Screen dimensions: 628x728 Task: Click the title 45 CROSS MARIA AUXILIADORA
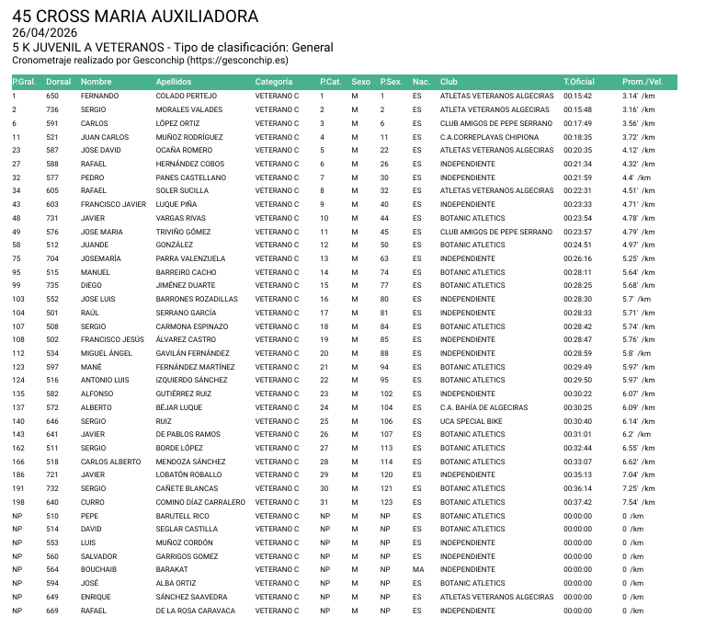135,17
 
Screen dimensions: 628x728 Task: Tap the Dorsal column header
58,82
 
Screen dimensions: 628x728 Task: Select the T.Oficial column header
579,82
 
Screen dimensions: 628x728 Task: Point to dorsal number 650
52,96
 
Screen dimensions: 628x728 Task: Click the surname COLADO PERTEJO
186,96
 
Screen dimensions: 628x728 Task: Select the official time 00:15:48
578,109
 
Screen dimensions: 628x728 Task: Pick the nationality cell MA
417,569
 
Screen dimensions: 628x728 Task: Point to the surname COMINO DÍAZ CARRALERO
200,502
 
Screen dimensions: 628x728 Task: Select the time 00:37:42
578,502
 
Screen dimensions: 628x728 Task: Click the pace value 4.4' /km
636,177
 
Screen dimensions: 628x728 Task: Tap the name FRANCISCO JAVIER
113,204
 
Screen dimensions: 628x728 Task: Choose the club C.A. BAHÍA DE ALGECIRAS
483,407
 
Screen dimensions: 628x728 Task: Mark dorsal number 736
52,109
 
